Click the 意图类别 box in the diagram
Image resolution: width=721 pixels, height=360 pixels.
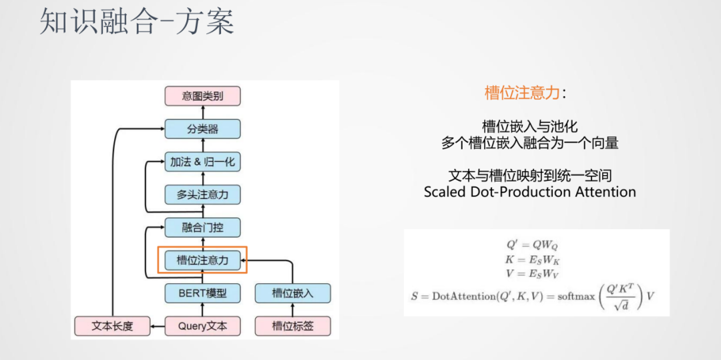202,96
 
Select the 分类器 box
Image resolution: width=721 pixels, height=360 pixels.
202,129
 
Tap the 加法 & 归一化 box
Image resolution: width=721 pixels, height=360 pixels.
202,162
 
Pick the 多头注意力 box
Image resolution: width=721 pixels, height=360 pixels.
202,194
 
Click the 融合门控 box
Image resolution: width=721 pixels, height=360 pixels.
202,227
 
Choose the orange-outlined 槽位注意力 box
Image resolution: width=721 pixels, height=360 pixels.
202,260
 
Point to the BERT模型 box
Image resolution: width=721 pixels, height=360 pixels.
202,293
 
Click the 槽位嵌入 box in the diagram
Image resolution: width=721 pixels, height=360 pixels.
292,293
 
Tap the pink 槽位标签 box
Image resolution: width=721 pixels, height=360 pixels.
292,326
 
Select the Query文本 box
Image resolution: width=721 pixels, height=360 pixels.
202,326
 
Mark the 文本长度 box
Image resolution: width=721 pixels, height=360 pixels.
112,326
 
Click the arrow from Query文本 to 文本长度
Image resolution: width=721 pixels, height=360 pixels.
158,326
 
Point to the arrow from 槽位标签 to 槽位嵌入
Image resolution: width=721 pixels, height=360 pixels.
292,309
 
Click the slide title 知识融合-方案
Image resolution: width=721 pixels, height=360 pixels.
137,23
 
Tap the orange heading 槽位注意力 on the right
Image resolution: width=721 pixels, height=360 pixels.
521,93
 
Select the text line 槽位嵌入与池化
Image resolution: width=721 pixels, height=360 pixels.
529,126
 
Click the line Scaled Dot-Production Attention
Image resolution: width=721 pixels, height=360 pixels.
529,192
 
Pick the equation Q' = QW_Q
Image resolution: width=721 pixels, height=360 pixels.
531,244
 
